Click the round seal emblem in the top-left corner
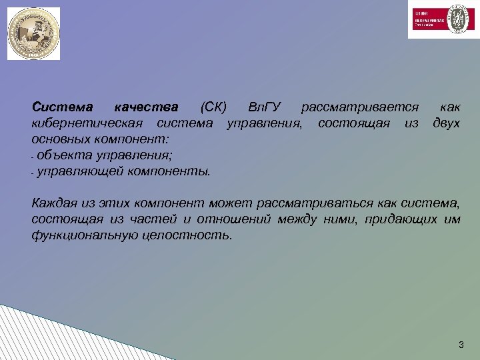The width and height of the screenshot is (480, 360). pyautogui.click(x=33, y=33)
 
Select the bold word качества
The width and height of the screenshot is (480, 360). pyautogui.click(x=146, y=107)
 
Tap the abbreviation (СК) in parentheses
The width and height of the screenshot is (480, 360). pyautogui.click(x=213, y=107)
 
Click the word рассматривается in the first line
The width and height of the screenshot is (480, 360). pyautogui.click(x=360, y=107)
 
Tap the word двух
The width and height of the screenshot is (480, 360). pyautogui.click(x=446, y=123)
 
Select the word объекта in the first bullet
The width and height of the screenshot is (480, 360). pyautogui.click(x=65, y=156)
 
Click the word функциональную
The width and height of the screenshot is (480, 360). pyautogui.click(x=84, y=235)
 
